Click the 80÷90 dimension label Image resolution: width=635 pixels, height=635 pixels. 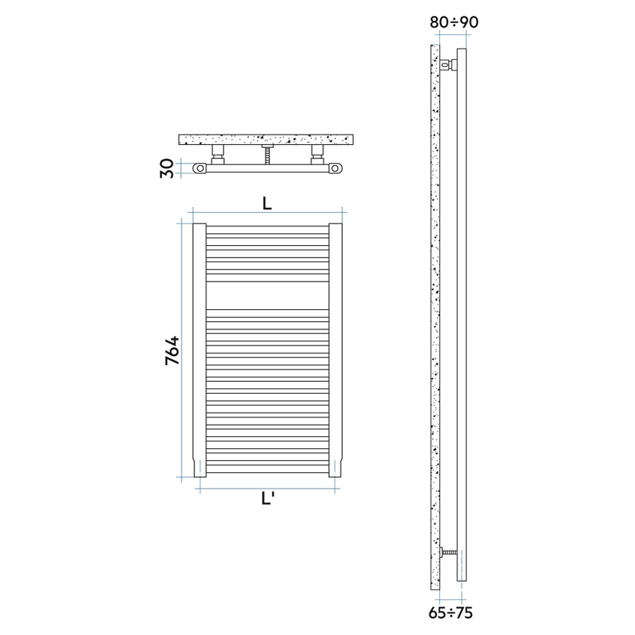[x=453, y=22]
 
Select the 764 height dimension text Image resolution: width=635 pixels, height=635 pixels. [x=172, y=350]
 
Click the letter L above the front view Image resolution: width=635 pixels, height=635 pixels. [x=267, y=202]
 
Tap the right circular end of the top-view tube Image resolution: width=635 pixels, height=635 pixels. [x=337, y=170]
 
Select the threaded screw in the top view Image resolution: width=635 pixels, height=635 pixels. [x=267, y=155]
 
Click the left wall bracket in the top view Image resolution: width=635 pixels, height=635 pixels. [x=218, y=155]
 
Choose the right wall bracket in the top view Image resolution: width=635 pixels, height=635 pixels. [x=317, y=155]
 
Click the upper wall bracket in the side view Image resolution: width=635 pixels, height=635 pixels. [x=447, y=64]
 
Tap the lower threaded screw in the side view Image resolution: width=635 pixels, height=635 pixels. [x=448, y=553]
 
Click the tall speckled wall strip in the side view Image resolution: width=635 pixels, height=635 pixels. [x=436, y=314]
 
